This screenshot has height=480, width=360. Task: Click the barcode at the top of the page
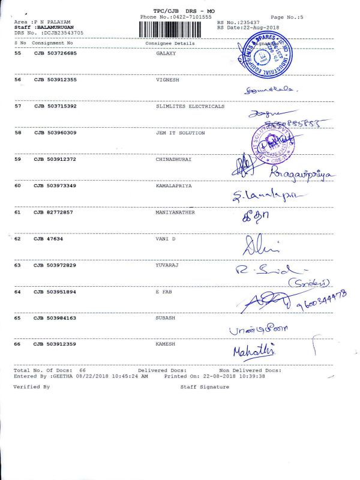(176, 28)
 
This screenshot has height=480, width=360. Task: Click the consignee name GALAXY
(165, 53)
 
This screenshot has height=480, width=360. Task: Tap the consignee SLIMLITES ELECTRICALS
(190, 106)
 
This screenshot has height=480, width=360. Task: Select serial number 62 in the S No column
(17, 239)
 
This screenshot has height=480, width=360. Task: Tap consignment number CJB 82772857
(53, 212)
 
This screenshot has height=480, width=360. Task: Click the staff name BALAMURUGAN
(53, 28)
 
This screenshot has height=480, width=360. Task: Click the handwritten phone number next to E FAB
(321, 303)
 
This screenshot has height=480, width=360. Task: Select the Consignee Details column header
(170, 44)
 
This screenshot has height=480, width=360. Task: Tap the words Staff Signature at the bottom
(205, 387)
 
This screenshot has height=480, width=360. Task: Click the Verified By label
(31, 387)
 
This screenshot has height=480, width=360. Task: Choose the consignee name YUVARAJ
(167, 265)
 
